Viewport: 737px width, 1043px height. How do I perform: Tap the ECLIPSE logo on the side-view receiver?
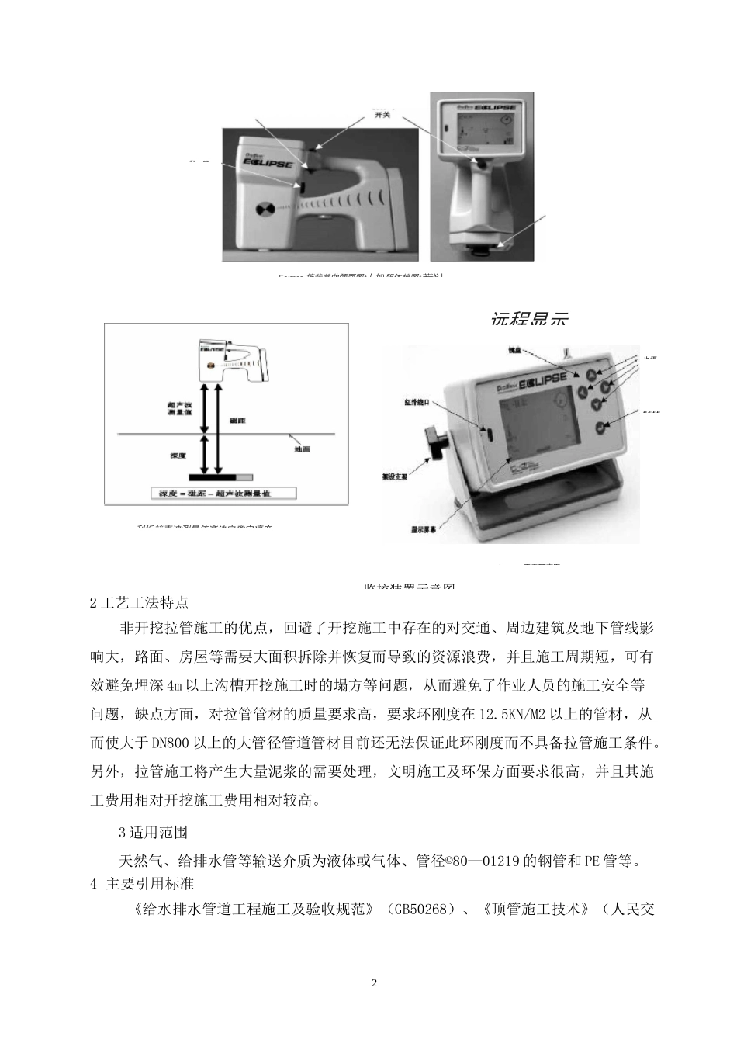point(265,165)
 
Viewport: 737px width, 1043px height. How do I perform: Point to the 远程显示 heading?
point(530,318)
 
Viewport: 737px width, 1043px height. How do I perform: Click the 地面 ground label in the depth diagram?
point(302,449)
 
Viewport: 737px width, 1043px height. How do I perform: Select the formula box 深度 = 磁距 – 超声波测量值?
point(215,492)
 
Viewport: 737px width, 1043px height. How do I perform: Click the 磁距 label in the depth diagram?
point(237,420)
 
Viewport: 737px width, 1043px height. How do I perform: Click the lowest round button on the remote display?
point(600,427)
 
